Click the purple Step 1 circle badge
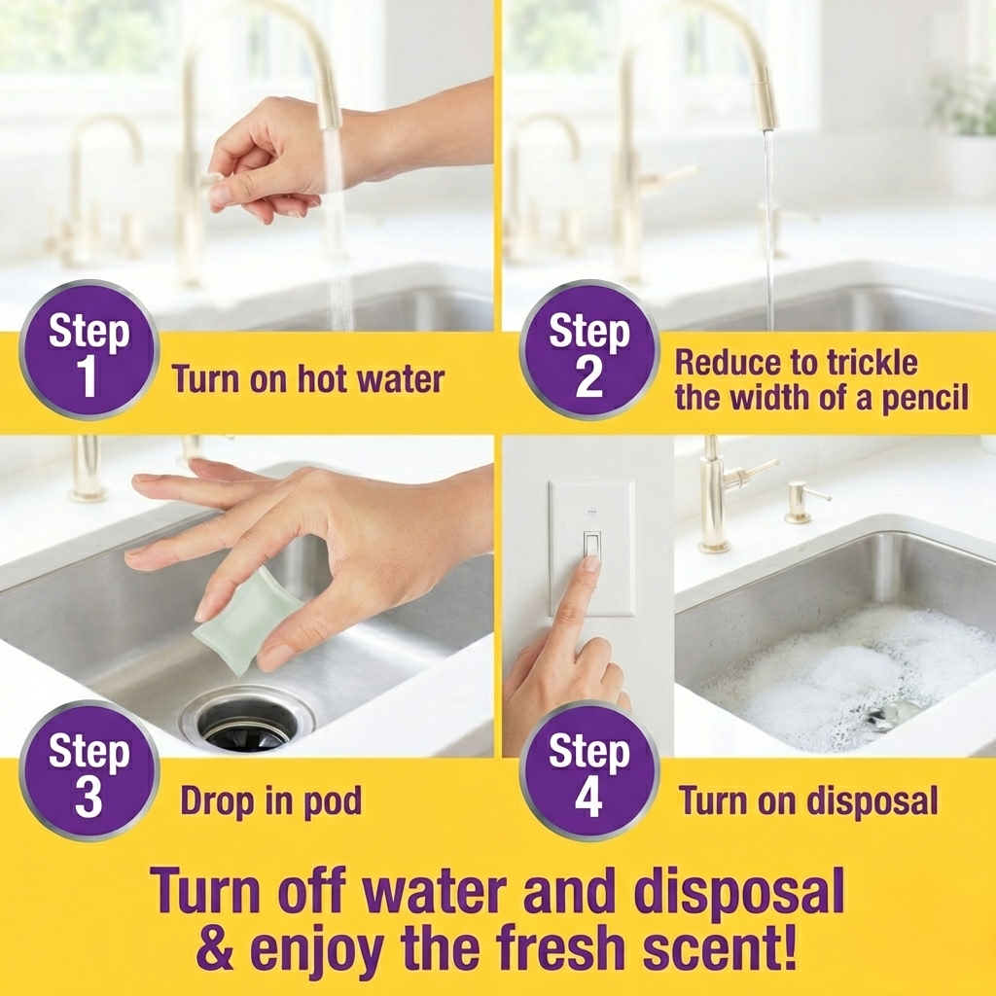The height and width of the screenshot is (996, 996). coord(89,350)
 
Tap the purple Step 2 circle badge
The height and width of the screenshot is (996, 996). coord(588,350)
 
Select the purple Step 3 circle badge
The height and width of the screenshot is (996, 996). coord(89,770)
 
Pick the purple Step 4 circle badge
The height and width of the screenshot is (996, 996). coord(588,770)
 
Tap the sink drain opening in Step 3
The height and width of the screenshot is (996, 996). coord(248,723)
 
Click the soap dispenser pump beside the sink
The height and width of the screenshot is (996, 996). coord(801,500)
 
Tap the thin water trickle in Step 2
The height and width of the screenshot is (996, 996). coord(769,233)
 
